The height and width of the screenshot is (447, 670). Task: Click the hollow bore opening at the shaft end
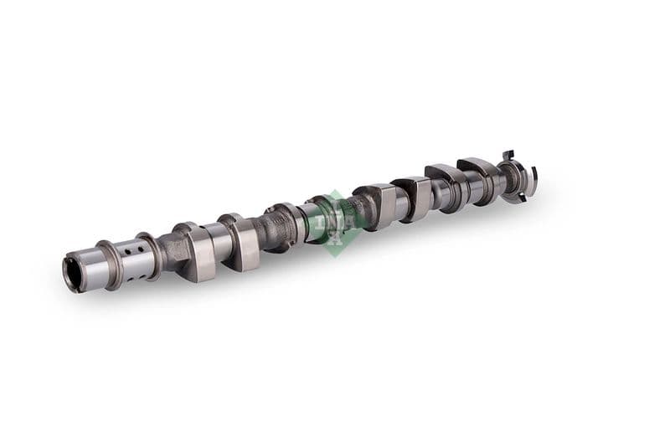point(72,274)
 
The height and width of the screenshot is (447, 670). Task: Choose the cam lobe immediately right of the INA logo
point(376,206)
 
